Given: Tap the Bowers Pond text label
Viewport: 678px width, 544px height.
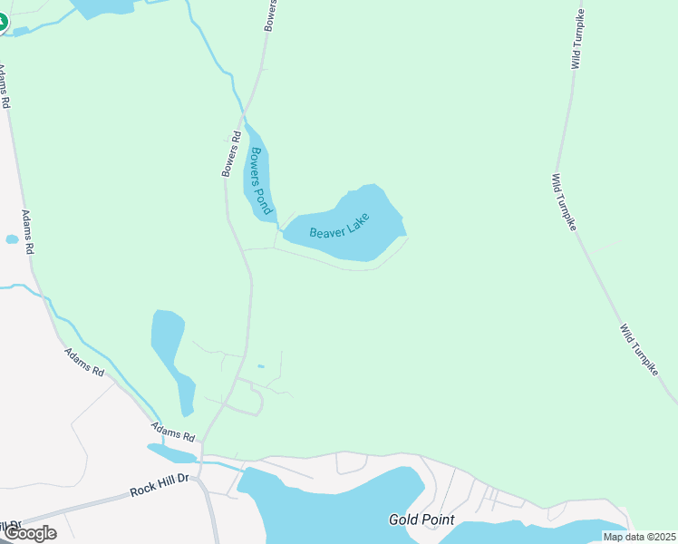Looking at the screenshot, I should tap(262, 180).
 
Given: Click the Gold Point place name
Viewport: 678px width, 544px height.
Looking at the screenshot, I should tap(421, 520).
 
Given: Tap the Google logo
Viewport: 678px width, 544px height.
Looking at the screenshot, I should tap(29, 533).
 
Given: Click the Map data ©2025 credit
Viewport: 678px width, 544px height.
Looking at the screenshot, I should tap(639, 537).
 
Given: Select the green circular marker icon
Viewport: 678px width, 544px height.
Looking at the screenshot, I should tap(2, 21).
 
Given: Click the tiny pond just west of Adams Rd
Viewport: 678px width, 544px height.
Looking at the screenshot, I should tap(12, 240).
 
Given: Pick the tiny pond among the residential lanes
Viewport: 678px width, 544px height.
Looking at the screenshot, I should tap(261, 366).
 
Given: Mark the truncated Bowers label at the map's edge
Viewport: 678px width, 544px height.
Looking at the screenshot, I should tap(270, 16).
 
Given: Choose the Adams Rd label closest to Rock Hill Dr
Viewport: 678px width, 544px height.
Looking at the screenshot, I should tap(173, 432).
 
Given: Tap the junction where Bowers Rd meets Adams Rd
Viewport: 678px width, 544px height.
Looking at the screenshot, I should tap(201, 441).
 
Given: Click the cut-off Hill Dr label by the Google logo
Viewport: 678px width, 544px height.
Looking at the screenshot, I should tap(11, 526).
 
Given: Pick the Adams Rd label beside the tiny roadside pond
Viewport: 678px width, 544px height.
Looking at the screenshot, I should tap(28, 233).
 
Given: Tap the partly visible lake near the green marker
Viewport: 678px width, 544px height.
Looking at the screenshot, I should tap(104, 7).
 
